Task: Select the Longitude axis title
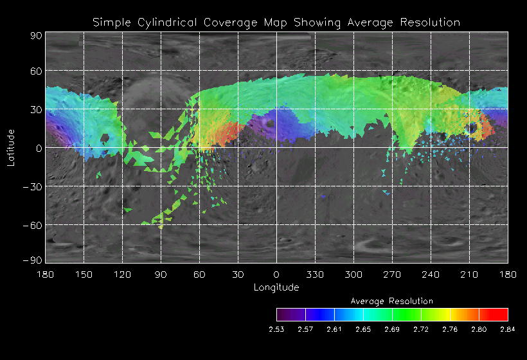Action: pos(276,287)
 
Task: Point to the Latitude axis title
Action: pos(11,147)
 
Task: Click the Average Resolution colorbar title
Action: pos(392,301)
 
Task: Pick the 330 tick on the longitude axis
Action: pos(315,274)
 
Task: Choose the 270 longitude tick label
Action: pos(392,274)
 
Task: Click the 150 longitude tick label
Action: pos(84,274)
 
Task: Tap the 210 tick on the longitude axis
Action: pos(469,274)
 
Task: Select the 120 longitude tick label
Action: pos(122,274)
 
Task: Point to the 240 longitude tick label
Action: pos(431,274)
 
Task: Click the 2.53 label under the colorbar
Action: pos(276,329)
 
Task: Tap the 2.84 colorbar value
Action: pos(508,329)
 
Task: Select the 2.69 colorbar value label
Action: pos(392,329)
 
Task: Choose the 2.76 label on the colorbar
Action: pos(450,329)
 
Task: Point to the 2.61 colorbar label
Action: pos(334,329)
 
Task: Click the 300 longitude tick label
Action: pos(353,274)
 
